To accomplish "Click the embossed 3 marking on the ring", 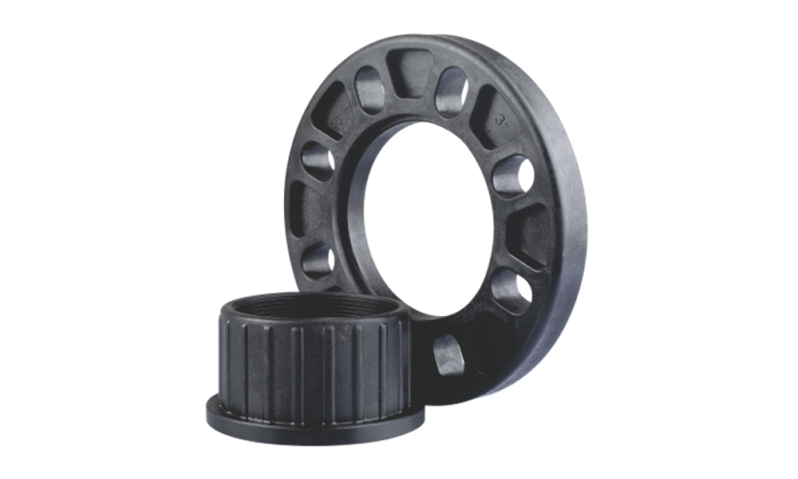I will click(x=502, y=121).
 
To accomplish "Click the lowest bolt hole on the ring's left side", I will click(x=317, y=260).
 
